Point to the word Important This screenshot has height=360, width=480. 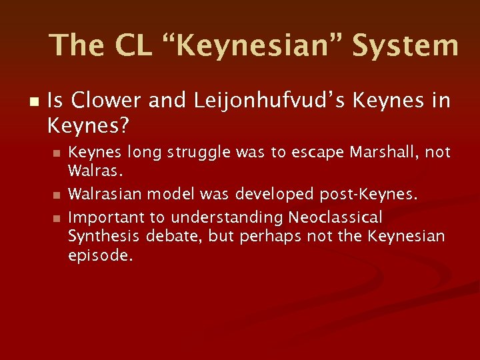point(101,217)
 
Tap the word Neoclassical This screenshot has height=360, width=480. point(335,217)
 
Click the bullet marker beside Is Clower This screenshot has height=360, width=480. point(34,101)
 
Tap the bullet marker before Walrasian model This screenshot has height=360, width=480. point(57,195)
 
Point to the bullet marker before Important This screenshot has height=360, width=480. point(57,218)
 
